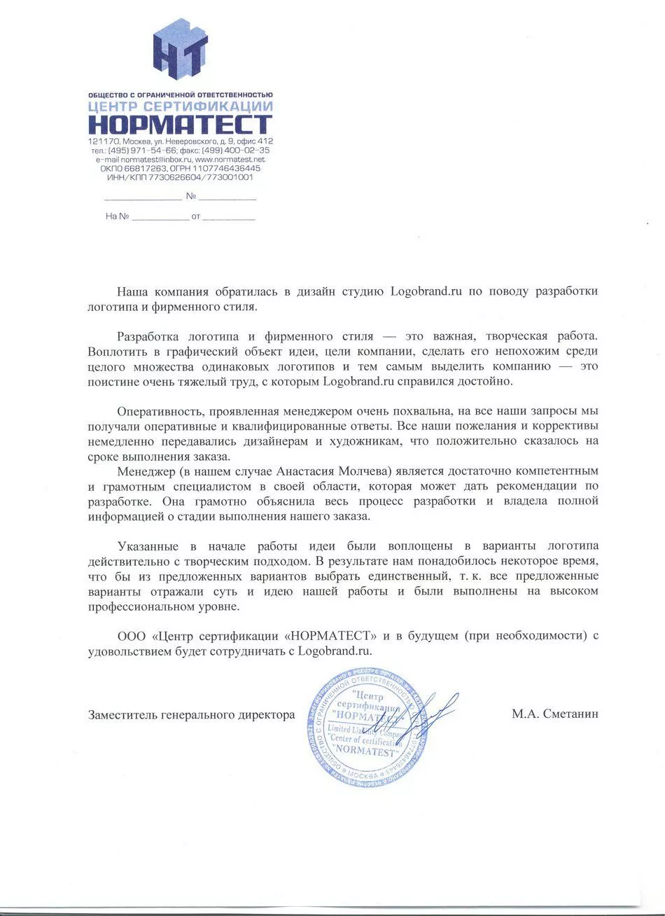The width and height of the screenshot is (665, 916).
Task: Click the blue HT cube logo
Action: point(180,50)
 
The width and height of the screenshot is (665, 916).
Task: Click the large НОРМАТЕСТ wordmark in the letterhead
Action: point(180,125)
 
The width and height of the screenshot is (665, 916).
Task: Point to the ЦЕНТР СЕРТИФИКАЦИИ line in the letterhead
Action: point(180,106)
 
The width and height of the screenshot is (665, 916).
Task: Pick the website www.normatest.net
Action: point(230,160)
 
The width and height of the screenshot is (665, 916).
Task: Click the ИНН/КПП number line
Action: point(180,178)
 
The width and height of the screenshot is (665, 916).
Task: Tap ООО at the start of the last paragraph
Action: point(131,636)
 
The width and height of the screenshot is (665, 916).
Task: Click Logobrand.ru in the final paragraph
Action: point(334,651)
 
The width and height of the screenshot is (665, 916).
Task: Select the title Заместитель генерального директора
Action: point(191,715)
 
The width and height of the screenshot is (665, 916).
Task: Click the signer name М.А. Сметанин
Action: point(554,714)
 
